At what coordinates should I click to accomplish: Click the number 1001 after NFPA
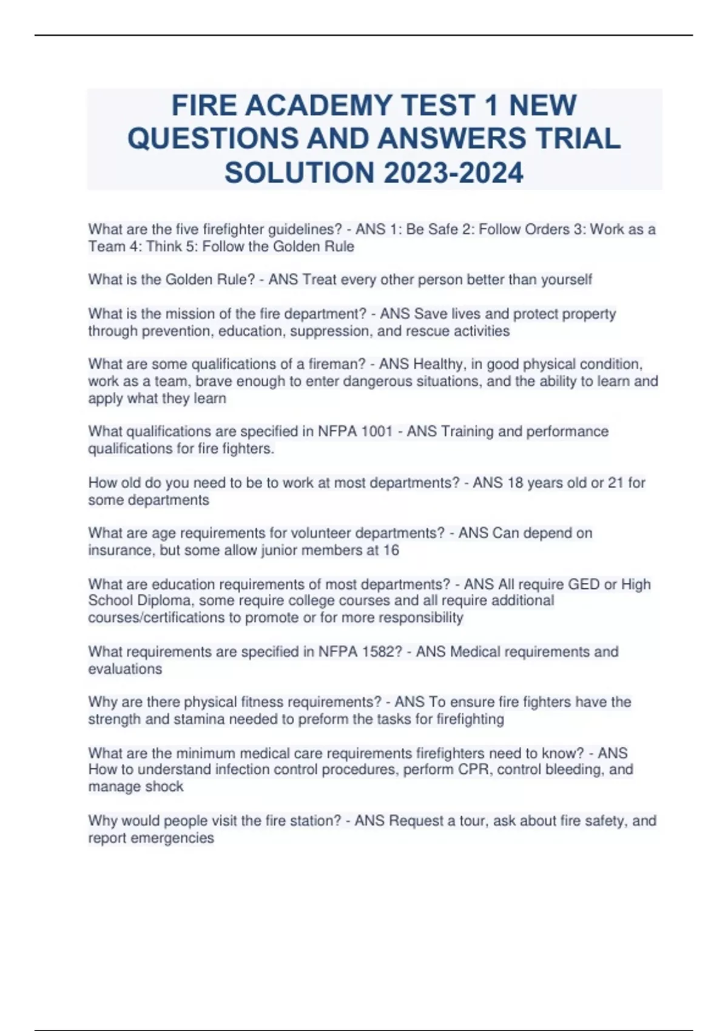point(377,431)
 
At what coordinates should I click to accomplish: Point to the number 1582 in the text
point(379,652)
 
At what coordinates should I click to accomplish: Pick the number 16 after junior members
point(391,550)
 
